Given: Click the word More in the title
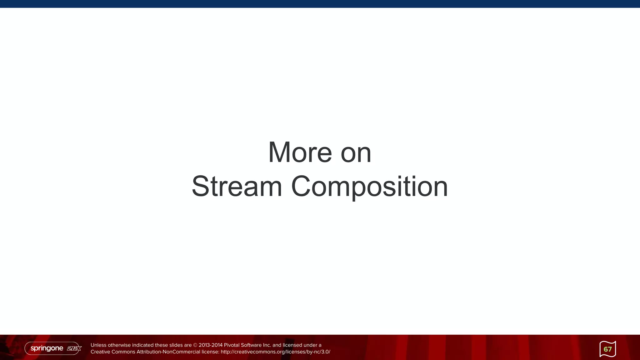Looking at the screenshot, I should coord(300,152).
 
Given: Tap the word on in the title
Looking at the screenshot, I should coord(356,153).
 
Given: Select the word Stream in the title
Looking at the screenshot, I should coord(237,187).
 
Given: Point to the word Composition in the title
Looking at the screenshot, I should coord(369,187).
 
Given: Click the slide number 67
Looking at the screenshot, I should coord(607,349).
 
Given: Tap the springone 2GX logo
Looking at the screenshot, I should coord(53,348).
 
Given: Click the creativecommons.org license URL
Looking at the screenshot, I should coord(275,352).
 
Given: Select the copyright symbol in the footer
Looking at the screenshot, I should coord(195,345).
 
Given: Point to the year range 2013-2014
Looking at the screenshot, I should coord(211,345).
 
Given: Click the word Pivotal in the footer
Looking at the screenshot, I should coord(232,345).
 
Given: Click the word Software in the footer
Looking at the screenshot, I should coord(251,345).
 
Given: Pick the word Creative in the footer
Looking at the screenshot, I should coord(100,352).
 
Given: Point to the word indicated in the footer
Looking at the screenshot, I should coord(142,345).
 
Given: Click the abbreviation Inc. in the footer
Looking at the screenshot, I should coord(267,345).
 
